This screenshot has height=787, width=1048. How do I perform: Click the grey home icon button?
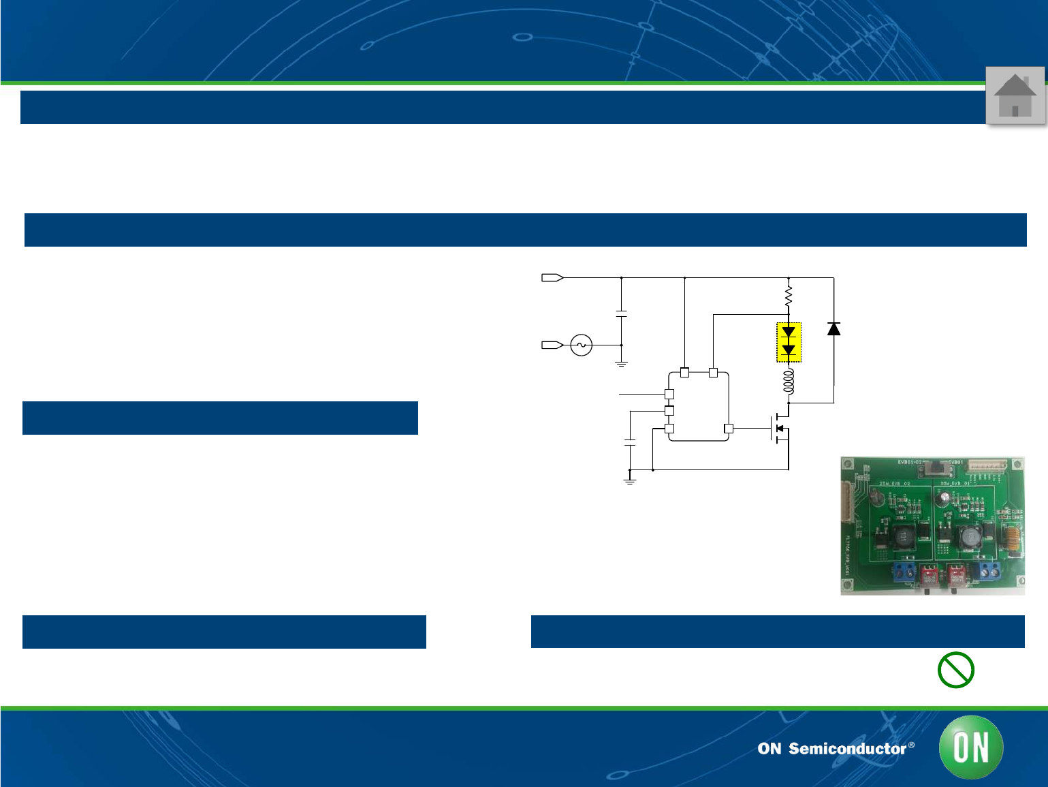coord(1015,95)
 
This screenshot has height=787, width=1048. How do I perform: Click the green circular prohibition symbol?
coord(955,670)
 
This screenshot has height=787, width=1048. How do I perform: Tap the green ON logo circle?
coord(970,747)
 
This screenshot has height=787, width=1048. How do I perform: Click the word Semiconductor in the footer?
coord(847,749)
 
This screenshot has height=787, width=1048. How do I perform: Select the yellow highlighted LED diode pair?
coord(789,342)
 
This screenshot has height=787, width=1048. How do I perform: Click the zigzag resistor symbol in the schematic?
coord(789,296)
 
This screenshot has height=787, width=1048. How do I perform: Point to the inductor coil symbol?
coord(789,382)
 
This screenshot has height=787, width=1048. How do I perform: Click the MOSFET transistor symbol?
coord(780,429)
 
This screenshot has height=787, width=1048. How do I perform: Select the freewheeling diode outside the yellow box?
coord(833,329)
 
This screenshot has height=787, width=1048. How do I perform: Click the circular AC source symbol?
coord(581,345)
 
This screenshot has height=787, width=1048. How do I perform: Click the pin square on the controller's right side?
coord(729,429)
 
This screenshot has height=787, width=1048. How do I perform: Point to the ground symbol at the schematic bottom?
coord(630,480)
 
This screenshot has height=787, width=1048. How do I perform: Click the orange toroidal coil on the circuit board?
coord(1012,539)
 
